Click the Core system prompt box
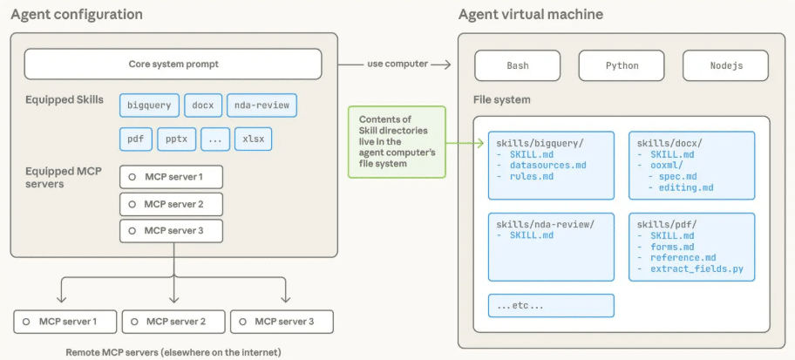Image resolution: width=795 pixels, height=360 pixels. click(173, 65)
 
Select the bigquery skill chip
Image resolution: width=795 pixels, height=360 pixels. click(150, 106)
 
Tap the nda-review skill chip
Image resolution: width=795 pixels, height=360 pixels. click(262, 106)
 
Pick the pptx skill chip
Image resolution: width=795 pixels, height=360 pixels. click(177, 139)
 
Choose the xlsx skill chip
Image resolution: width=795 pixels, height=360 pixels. click(253, 139)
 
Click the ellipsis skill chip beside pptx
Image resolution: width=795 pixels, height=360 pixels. click(215, 139)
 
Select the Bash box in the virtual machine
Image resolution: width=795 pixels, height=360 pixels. click(518, 65)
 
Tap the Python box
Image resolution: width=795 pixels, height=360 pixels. click(622, 65)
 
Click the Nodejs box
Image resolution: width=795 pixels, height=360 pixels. click(726, 65)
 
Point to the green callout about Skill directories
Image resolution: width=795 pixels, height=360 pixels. click(397, 142)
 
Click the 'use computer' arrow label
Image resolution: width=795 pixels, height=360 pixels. click(398, 65)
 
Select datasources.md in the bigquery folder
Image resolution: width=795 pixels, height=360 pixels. click(548, 166)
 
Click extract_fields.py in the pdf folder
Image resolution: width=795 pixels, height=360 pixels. click(696, 268)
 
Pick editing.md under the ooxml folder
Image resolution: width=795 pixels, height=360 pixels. click(686, 187)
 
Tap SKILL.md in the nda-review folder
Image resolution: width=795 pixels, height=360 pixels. click(532, 235)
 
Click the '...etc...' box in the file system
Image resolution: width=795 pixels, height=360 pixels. click(551, 306)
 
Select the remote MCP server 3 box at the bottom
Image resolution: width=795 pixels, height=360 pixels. click(282, 322)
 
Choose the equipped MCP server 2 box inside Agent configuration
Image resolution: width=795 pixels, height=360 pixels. click(172, 204)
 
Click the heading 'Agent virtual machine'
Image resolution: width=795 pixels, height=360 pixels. click(531, 14)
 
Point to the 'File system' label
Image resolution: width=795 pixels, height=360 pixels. click(502, 99)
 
